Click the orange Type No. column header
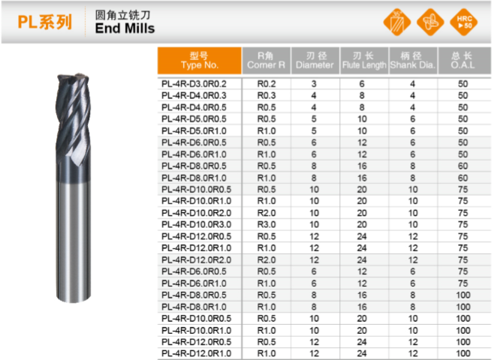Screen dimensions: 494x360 point(200,61)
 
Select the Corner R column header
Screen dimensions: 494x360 point(266,61)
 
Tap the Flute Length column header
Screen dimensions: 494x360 point(364,61)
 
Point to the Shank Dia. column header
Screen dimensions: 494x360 point(413,61)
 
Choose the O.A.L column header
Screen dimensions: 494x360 point(462,61)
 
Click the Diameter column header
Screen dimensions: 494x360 point(315,61)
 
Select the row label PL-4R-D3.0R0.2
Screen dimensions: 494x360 point(194,84)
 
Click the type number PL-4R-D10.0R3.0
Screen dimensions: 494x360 point(196,225)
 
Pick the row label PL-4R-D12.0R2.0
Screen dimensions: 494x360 point(196,260)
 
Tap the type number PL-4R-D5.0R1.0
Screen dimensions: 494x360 point(194,131)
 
